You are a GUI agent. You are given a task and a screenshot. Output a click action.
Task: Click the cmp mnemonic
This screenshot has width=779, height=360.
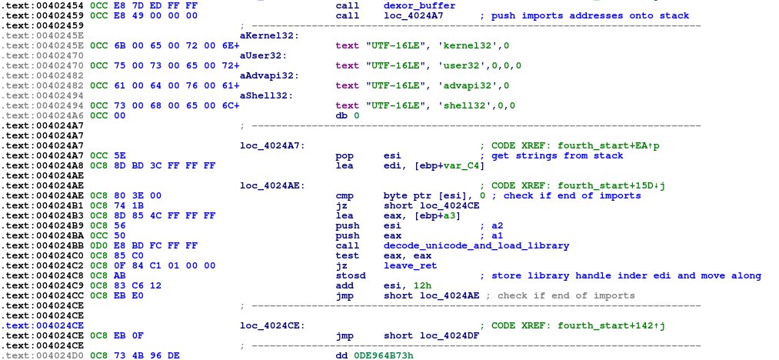[345, 195]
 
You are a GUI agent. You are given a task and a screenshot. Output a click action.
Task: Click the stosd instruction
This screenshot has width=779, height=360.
[350, 275]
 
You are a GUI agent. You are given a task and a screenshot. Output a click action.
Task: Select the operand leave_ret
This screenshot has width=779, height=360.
[406, 265]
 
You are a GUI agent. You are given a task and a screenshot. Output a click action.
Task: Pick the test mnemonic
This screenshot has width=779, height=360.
[347, 255]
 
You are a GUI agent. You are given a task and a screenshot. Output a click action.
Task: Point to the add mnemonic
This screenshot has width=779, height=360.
[345, 285]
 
